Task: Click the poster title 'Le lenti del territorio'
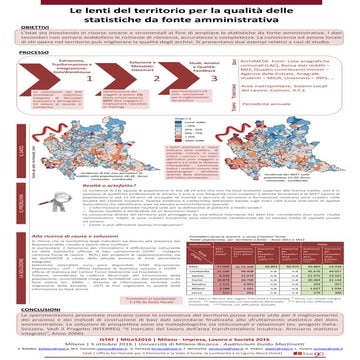coord(180,10)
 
